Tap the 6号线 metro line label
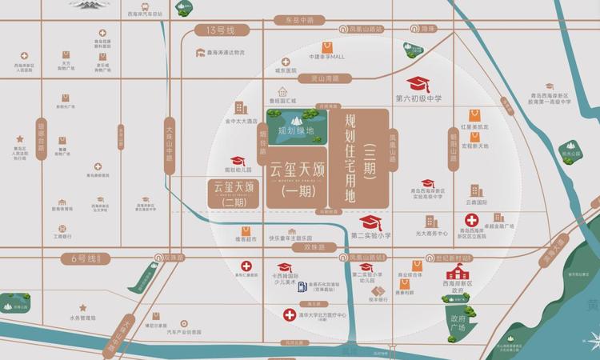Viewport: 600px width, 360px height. (83, 258)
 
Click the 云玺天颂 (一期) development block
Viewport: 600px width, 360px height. (295, 179)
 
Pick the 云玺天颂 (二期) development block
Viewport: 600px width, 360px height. (234, 194)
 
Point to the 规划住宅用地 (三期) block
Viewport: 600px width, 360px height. (360, 165)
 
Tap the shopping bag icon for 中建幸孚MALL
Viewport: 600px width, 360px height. (327, 47)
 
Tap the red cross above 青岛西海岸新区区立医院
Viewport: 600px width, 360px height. (473, 220)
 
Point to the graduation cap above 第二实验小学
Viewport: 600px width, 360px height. (369, 222)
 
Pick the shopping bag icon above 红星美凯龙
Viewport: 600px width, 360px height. (475, 114)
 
